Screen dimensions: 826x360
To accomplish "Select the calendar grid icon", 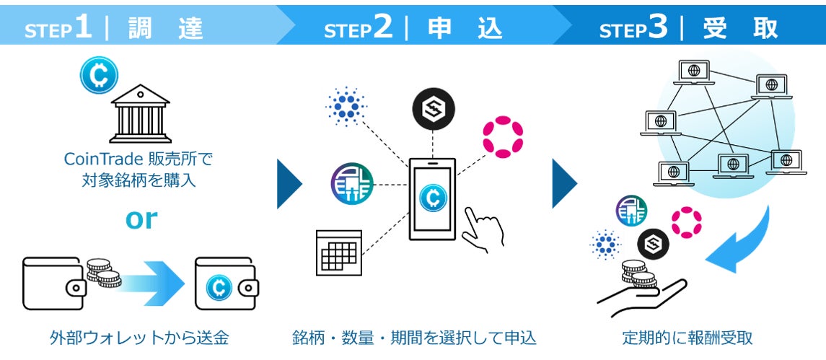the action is click(x=338, y=253).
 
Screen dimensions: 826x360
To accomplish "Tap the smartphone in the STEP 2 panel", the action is click(x=434, y=198).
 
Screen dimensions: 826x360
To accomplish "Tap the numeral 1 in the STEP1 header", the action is click(x=83, y=27).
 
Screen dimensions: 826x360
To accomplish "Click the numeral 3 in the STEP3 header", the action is click(x=656, y=27).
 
